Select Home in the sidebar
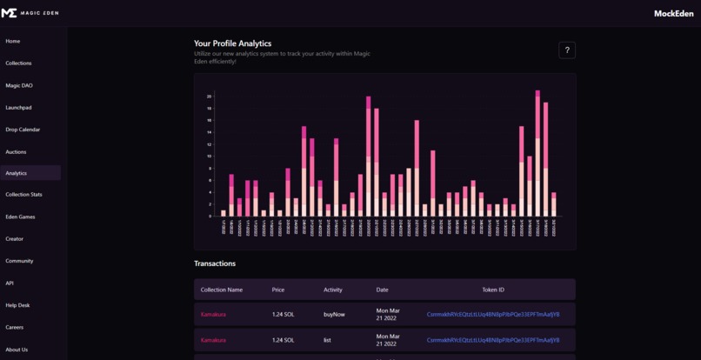(13, 41)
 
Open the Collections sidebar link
(18, 63)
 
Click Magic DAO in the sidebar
(18, 85)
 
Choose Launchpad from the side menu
(18, 108)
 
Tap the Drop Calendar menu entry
(23, 130)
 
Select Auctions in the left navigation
(16, 151)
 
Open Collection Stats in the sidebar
(23, 195)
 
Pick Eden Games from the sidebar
(20, 217)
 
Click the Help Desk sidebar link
(17, 305)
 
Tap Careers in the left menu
(14, 327)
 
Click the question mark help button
(567, 50)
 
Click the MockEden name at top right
(673, 13)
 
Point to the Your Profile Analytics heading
(232, 43)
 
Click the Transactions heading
(215, 263)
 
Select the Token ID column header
(492, 290)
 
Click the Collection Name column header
(222, 290)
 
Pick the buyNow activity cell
(334, 314)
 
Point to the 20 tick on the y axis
(209, 97)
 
